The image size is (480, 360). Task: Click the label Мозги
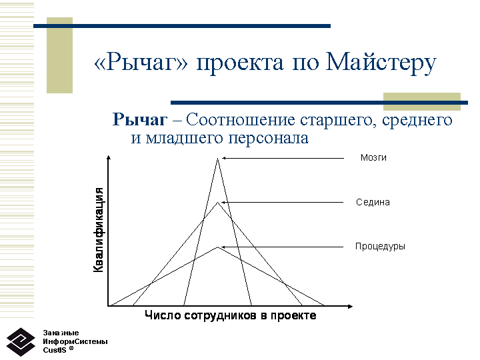point(373,157)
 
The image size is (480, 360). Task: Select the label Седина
point(373,203)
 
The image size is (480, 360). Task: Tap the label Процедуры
point(380,247)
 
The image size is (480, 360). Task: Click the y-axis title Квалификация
point(98,229)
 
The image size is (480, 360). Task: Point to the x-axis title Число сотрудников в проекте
point(230,315)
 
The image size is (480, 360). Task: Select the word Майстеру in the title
point(381,63)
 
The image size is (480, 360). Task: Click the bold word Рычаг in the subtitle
point(140,120)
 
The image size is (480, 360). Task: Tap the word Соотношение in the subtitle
point(240,119)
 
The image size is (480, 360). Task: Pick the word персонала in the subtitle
point(268,139)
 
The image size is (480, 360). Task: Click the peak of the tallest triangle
point(217,158)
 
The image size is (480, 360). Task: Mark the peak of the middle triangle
point(217,203)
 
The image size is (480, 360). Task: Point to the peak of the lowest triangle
point(217,247)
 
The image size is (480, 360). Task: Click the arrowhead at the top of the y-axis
point(109,157)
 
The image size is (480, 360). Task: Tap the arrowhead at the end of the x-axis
point(350,306)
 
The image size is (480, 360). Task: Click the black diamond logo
point(21,342)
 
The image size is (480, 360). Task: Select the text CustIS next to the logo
point(55,350)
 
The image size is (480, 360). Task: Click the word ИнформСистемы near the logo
point(75,341)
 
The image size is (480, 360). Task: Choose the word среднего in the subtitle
point(417,120)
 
